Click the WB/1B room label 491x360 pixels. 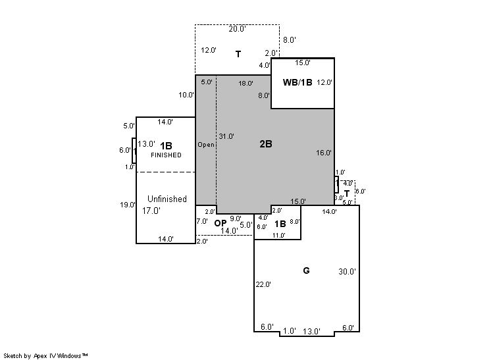[x=297, y=82]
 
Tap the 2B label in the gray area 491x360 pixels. [x=266, y=143]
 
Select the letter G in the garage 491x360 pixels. [x=306, y=270]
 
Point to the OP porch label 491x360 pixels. [x=220, y=223]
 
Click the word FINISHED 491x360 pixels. [x=166, y=155]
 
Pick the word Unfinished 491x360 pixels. [x=167, y=199]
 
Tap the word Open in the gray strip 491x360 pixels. [x=206, y=145]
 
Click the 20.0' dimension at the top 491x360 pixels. [x=238, y=29]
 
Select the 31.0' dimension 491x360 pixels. [x=226, y=136]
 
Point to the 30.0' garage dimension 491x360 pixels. [x=347, y=271]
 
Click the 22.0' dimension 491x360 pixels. [x=263, y=284]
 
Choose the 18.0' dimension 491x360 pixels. [x=245, y=84]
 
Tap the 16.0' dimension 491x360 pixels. [x=324, y=153]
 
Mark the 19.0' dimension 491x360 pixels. [x=128, y=205]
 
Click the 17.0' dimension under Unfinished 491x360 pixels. [x=151, y=211]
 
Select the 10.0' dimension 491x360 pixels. [x=186, y=95]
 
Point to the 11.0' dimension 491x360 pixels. [x=278, y=236]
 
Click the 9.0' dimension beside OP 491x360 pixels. [x=236, y=219]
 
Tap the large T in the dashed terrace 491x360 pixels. [x=238, y=54]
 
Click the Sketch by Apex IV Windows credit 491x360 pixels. [x=45, y=356]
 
